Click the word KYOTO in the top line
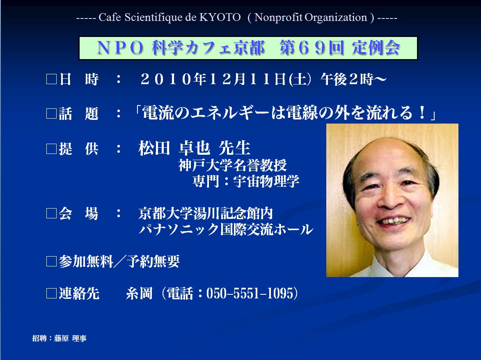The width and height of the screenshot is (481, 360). (x=220, y=17)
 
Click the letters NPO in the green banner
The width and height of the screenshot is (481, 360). (x=121, y=48)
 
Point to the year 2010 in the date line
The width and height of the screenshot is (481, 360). (x=166, y=79)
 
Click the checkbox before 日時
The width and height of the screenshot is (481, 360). (x=51, y=79)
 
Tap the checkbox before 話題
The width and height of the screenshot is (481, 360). (x=51, y=114)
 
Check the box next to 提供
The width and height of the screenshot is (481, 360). (x=51, y=149)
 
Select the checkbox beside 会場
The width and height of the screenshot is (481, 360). (x=51, y=213)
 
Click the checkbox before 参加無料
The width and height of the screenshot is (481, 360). (x=51, y=261)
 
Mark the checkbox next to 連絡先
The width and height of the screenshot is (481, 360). (x=51, y=293)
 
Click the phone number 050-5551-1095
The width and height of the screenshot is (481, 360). (x=250, y=293)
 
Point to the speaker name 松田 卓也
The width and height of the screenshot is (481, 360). (x=174, y=148)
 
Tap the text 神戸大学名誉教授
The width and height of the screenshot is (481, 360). (x=233, y=165)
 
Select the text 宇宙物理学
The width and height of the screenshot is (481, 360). (x=266, y=181)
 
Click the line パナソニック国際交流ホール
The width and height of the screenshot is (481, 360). (x=226, y=229)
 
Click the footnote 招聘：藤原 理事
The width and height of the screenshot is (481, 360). (x=59, y=338)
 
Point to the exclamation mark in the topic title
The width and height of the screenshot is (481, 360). (x=423, y=112)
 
